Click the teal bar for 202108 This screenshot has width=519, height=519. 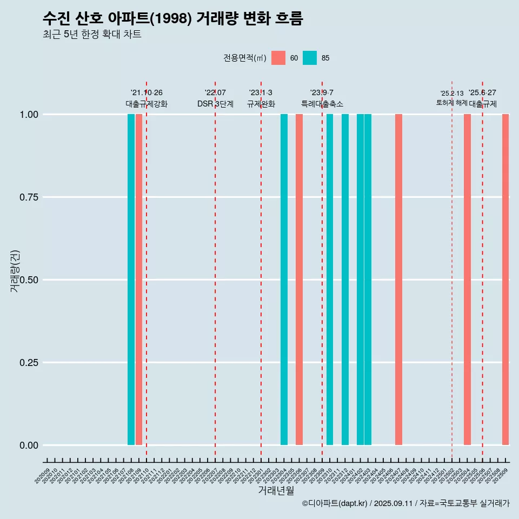[x=131, y=280]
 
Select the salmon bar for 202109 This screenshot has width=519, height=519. [x=139, y=280]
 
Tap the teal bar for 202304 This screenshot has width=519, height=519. [x=284, y=280]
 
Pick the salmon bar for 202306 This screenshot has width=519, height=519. [x=299, y=280]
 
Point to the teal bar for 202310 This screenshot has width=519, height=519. [x=330, y=280]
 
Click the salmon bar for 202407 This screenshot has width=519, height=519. [x=398, y=280]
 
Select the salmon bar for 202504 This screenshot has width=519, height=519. [x=467, y=280]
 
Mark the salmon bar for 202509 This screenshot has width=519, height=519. [x=505, y=280]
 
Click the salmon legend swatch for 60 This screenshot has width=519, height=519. [x=278, y=58]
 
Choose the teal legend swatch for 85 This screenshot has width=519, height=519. [x=310, y=58]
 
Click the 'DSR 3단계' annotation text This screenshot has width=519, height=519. [x=215, y=104]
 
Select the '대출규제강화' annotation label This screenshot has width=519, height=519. [x=147, y=104]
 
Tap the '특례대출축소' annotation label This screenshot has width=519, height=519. [x=322, y=104]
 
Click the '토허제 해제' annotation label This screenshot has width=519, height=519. [x=451, y=103]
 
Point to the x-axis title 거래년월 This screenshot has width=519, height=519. [x=276, y=491]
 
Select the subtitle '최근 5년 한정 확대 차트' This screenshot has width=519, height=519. [x=92, y=35]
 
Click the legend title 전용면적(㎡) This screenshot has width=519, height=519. [x=244, y=58]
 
